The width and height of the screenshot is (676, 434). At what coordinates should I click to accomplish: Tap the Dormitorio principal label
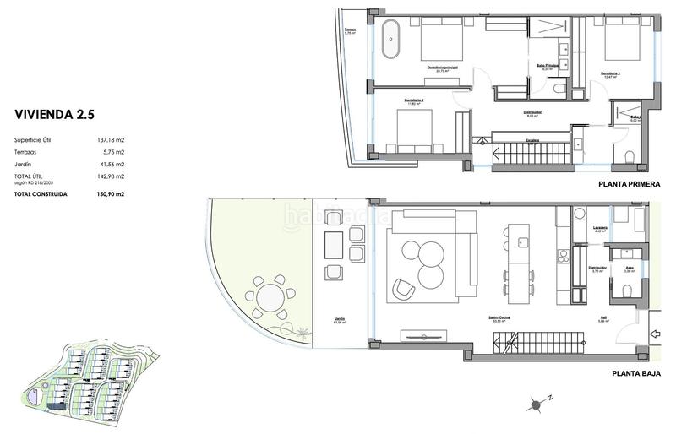click(x=442, y=68)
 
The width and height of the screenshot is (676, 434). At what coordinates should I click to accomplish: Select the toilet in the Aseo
click(x=624, y=290)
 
